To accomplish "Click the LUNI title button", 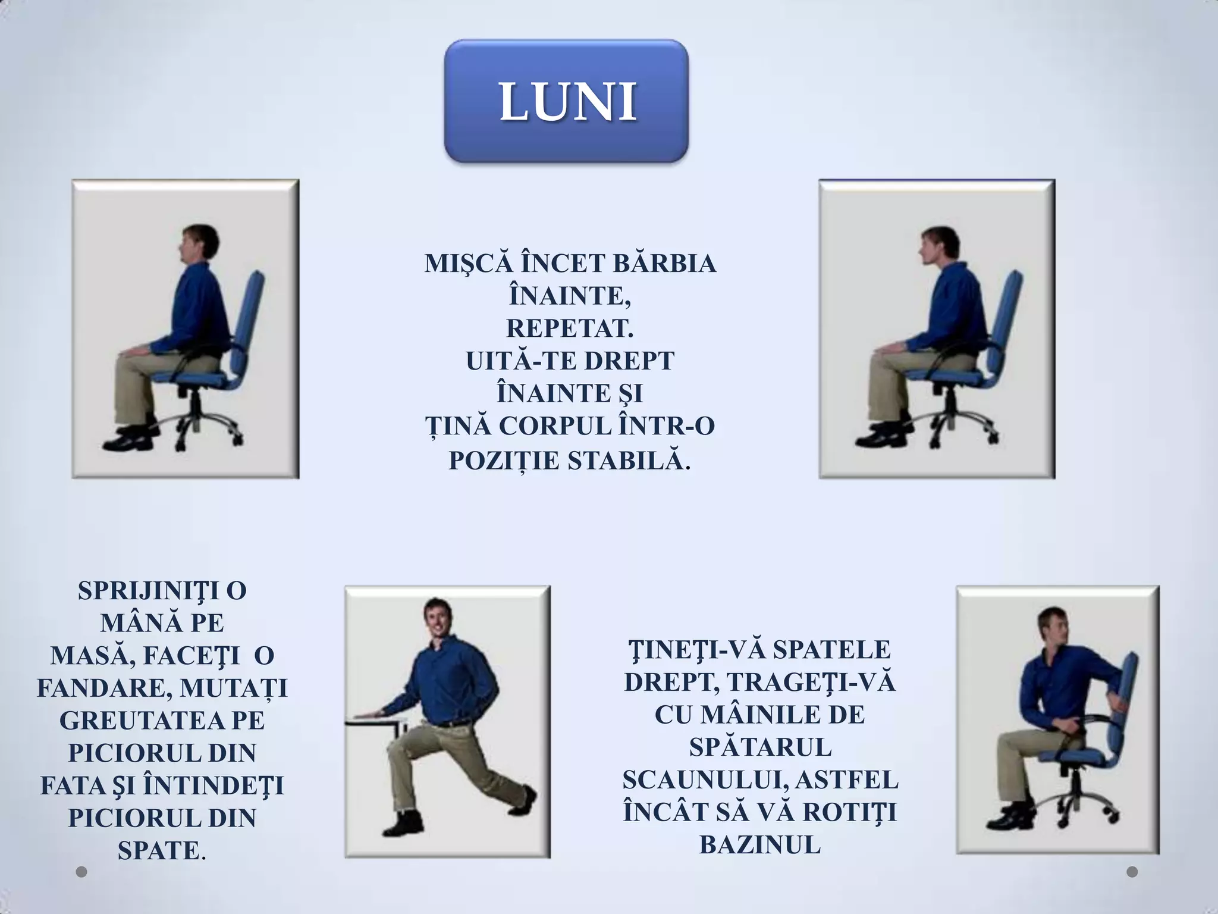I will (566, 101).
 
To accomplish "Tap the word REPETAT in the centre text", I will (569, 328).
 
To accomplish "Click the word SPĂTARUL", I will (760, 748).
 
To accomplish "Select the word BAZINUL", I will (760, 846).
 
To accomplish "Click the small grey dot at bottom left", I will (82, 872).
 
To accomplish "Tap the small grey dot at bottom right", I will (1132, 872).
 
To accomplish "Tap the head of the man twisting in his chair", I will (1055, 627).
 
